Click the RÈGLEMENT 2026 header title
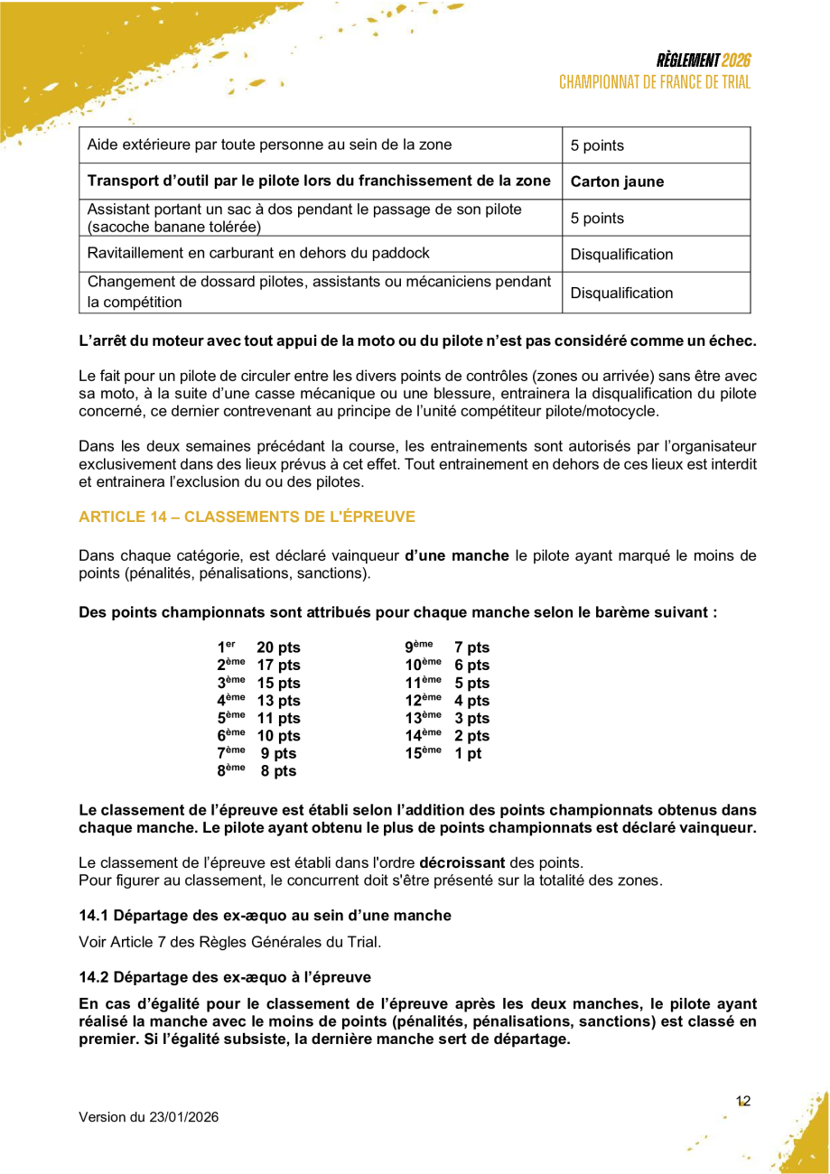(704, 61)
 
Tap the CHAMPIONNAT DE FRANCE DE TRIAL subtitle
(655, 82)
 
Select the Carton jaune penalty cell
(617, 182)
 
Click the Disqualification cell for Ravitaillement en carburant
(621, 255)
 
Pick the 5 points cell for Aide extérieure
(597, 145)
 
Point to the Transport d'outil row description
(319, 181)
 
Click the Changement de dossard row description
(319, 292)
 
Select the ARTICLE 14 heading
(247, 517)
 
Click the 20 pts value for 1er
(278, 648)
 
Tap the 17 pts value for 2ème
(278, 666)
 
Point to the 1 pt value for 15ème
(468, 753)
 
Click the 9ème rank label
(418, 647)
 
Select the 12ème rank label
(423, 700)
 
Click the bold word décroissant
(462, 862)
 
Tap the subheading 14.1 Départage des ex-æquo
(265, 916)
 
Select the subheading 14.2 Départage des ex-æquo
(224, 977)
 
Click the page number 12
(743, 1101)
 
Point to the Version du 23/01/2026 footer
(148, 1117)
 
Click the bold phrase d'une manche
(457, 555)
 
